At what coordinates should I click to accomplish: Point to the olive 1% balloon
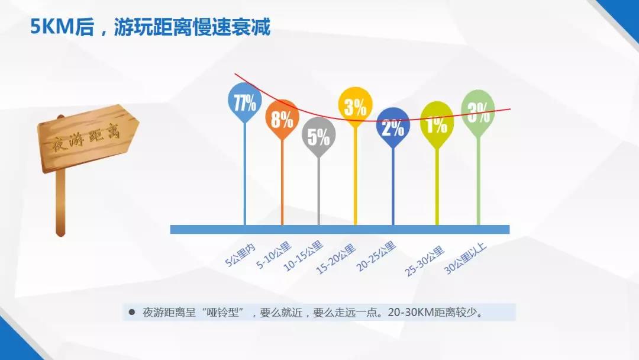[x=437, y=123]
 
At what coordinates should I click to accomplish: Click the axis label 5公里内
[x=240, y=255]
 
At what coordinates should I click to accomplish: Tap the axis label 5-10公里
[x=274, y=255]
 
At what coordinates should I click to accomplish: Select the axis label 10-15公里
[x=303, y=256]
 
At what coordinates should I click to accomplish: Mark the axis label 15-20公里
[x=336, y=259]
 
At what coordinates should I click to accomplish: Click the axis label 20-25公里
[x=376, y=256]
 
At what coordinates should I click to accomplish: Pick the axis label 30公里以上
[x=466, y=258]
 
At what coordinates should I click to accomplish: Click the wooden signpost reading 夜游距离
[x=88, y=138]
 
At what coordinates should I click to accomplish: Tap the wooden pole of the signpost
[x=60, y=202]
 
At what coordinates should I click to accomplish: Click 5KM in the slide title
[x=52, y=27]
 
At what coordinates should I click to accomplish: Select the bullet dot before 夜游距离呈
[x=131, y=312]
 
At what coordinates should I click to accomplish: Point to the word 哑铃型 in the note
[x=222, y=313]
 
